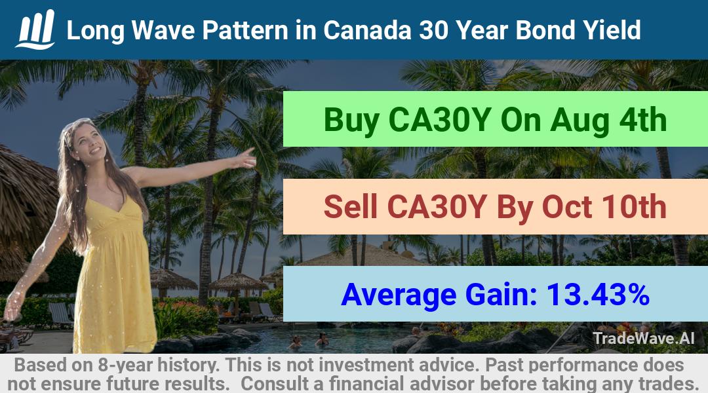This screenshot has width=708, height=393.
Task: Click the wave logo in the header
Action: click(x=35, y=29)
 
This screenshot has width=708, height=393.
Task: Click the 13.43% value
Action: click(x=598, y=294)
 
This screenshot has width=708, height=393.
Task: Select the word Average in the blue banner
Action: click(x=399, y=295)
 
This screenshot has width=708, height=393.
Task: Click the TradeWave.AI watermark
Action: click(x=644, y=338)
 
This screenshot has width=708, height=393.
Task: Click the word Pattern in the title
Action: click(x=245, y=30)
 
